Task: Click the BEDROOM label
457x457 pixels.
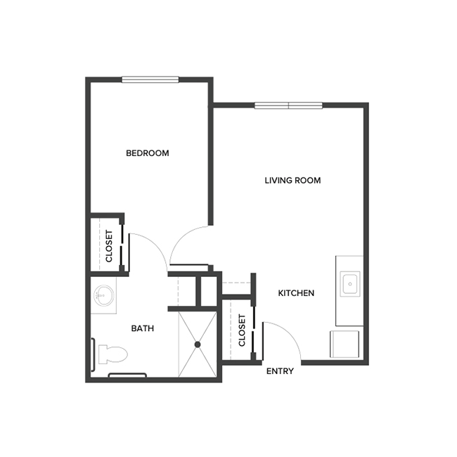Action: click(x=148, y=153)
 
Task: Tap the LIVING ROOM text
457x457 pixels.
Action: click(x=292, y=181)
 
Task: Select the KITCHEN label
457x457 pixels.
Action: click(x=296, y=293)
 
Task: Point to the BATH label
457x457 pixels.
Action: click(x=143, y=328)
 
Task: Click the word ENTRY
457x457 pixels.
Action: click(x=280, y=371)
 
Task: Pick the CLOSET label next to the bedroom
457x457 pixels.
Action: click(x=109, y=247)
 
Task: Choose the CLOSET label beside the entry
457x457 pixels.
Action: click(x=242, y=330)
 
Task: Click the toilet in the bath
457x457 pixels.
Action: click(x=112, y=353)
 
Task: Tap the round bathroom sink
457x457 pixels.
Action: click(x=104, y=295)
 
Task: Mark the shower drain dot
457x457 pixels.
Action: click(x=198, y=345)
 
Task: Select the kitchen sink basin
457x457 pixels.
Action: click(x=349, y=283)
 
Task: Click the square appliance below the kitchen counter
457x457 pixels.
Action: click(x=347, y=345)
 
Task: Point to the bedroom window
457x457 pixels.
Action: click(x=150, y=79)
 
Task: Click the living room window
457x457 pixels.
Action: click(x=288, y=106)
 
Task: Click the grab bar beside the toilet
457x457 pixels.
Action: click(x=94, y=352)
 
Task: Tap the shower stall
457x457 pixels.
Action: click(x=198, y=345)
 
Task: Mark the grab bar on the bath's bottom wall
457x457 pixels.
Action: click(x=127, y=375)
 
